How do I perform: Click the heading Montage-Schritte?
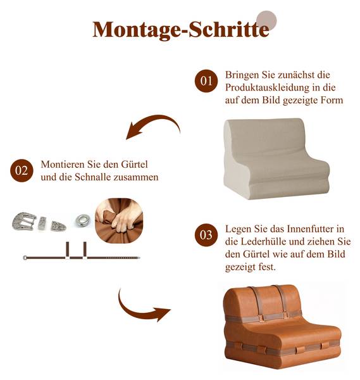[x=181, y=30]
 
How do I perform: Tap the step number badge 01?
[x=206, y=81]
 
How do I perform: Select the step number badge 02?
[x=22, y=170]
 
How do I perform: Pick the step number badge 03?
[x=206, y=235]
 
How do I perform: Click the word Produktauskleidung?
[x=267, y=87]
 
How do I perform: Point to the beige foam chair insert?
[x=276, y=159]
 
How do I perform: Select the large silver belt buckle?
[x=23, y=221]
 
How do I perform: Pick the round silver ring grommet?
[x=83, y=220]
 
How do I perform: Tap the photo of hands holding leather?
[x=119, y=220]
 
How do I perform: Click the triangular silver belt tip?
[x=58, y=226]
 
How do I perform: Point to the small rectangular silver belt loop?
[x=42, y=223]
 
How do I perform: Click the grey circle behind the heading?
[x=266, y=20]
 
